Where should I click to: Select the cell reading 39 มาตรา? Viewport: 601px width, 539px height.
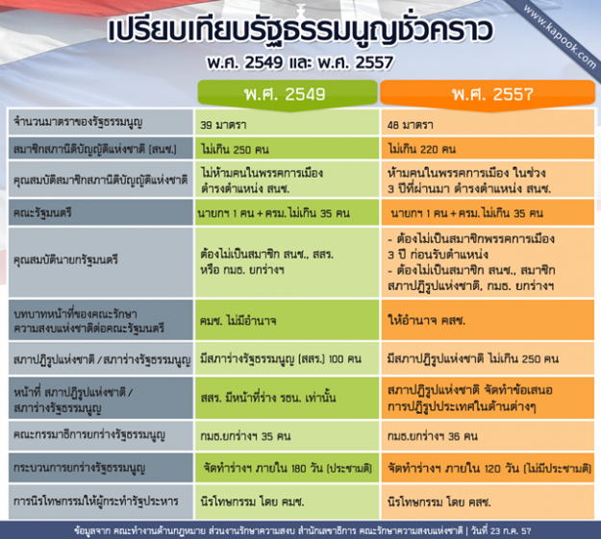[x=226, y=125]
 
